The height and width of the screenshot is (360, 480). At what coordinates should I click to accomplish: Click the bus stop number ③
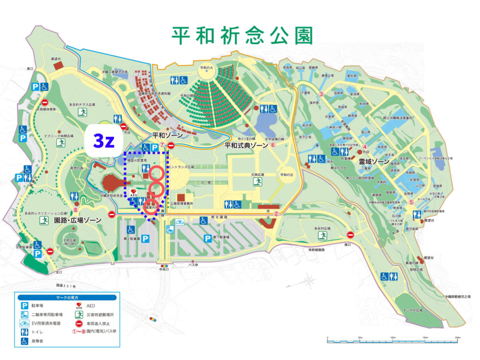point(322,94)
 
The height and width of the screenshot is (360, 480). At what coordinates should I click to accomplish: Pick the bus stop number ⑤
point(411,202)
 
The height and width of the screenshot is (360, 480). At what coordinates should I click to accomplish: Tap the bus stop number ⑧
point(75,210)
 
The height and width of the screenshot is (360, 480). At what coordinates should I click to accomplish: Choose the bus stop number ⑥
point(272,145)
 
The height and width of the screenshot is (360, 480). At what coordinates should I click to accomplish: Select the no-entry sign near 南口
point(350,235)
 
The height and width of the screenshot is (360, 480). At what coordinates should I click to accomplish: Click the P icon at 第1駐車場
point(207,238)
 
